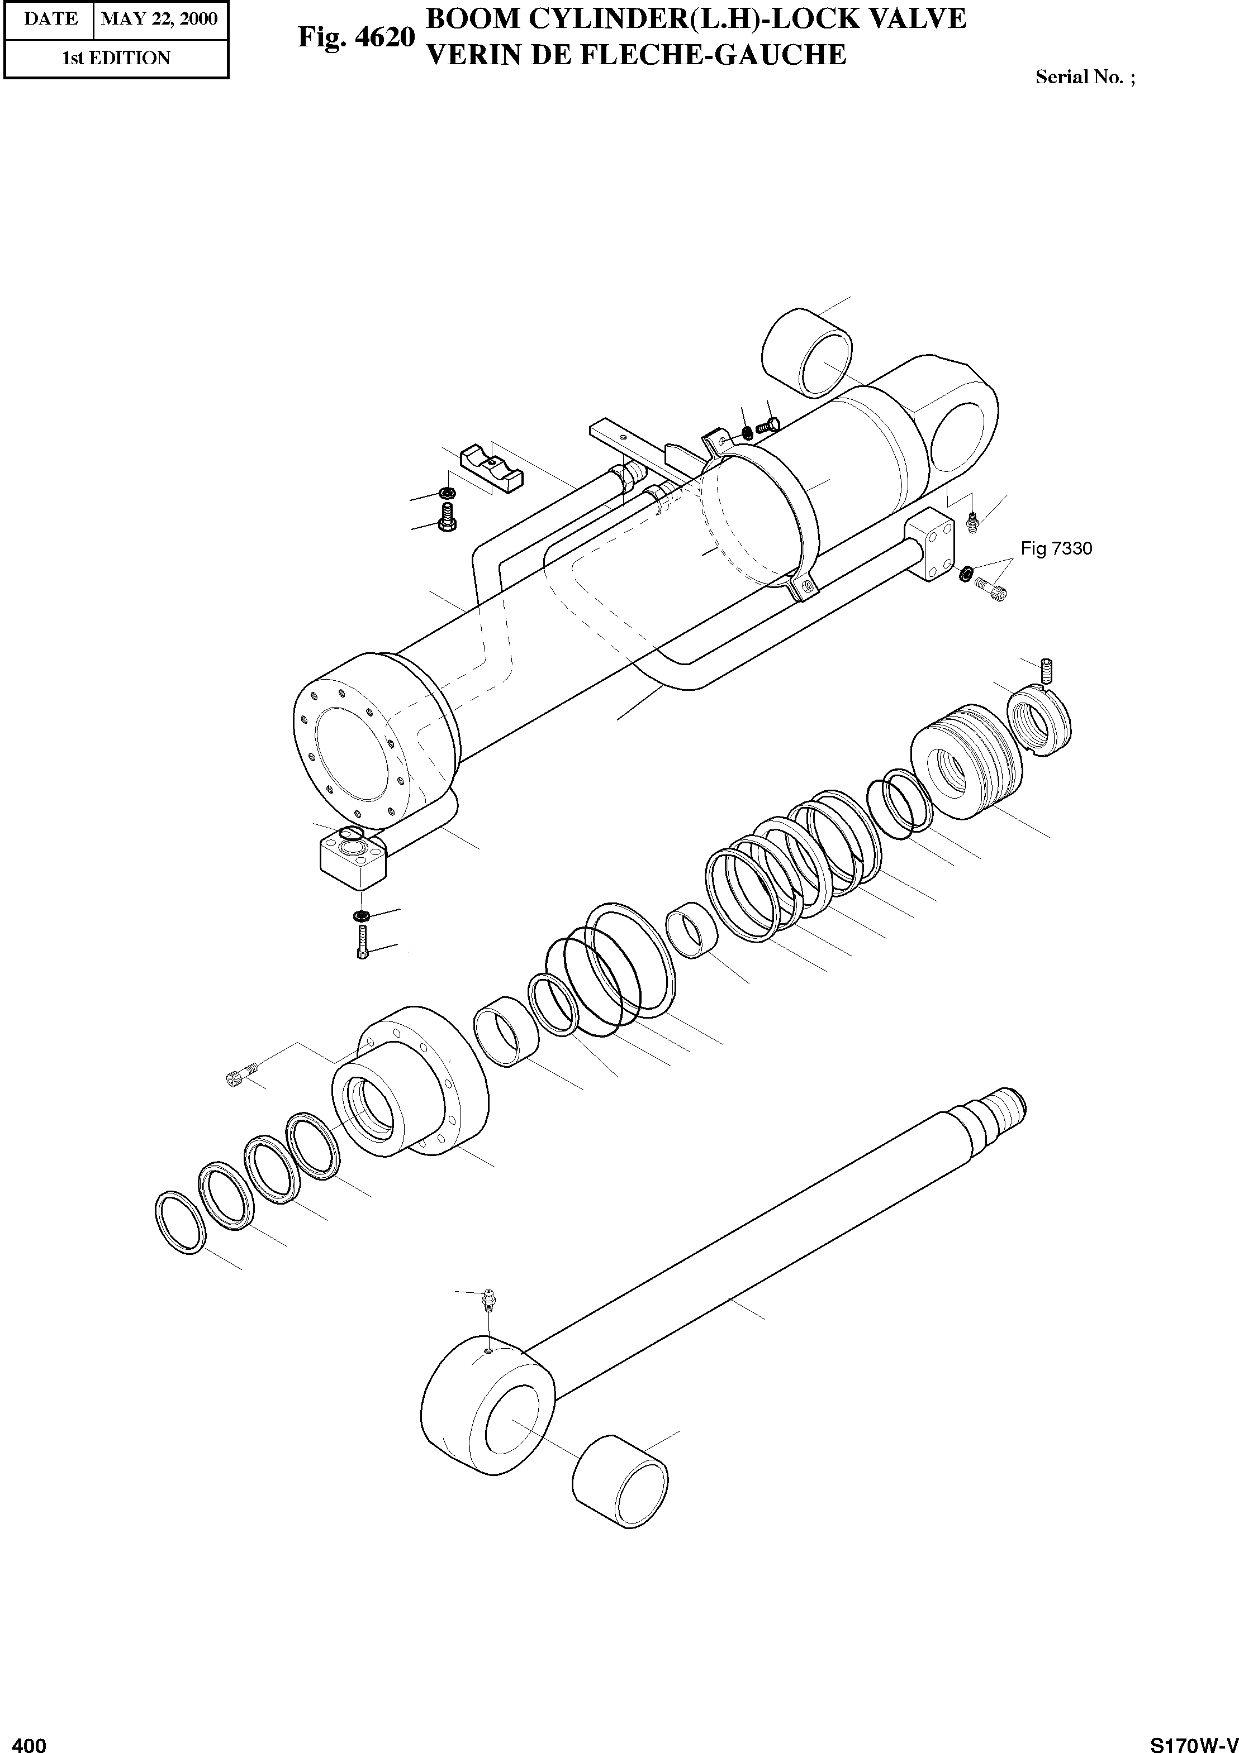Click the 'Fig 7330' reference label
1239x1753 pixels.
(1056, 548)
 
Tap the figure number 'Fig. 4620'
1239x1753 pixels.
(356, 37)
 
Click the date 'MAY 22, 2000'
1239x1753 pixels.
(159, 18)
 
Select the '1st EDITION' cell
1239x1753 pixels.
(116, 58)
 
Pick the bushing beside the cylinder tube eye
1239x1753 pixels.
(808, 354)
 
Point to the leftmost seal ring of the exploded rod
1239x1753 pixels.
(181, 1221)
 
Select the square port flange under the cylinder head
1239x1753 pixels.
(352, 861)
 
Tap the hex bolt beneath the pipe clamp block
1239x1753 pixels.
(447, 519)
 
